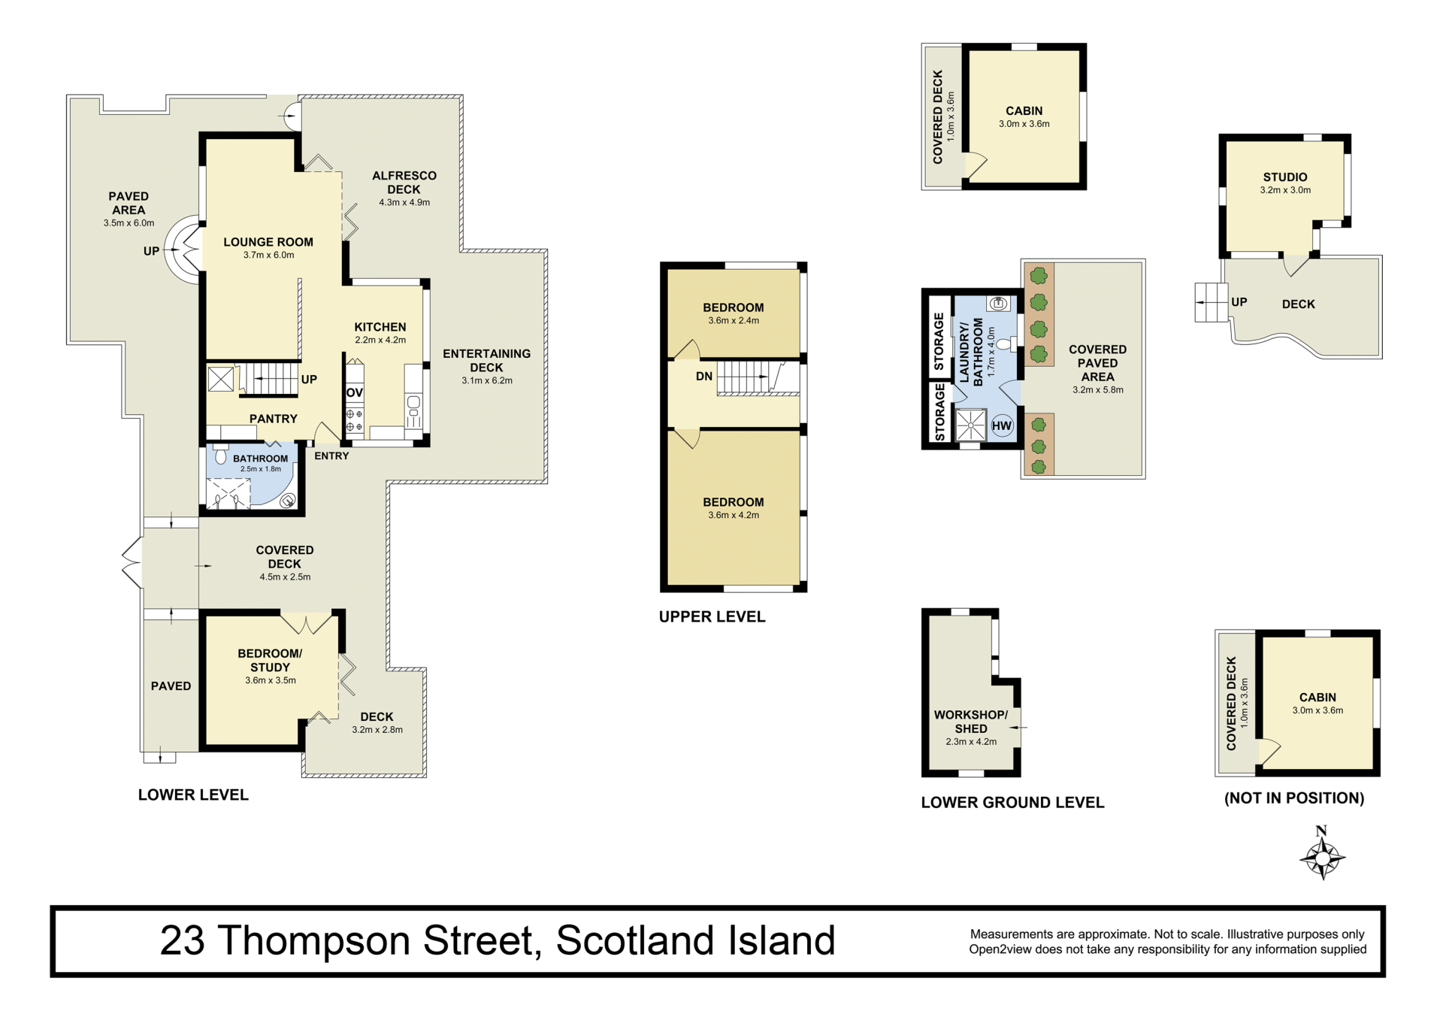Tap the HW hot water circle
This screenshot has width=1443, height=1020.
point(1001,426)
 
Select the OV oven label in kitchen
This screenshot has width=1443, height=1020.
point(355,392)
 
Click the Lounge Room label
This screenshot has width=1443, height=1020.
point(268,242)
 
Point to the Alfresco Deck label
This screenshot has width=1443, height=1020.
point(404,183)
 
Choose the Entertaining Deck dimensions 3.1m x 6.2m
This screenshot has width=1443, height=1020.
point(487,380)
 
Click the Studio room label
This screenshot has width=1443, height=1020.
point(1285,177)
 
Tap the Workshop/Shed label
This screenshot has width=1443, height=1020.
point(971,722)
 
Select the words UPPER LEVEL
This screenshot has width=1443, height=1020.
point(712,617)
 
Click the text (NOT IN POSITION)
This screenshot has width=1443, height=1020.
point(1294,798)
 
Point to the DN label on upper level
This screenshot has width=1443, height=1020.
point(704,376)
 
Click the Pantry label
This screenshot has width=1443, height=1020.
point(274,419)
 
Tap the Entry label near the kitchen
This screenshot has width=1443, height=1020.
point(331,456)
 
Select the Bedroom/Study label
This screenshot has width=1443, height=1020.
point(270,661)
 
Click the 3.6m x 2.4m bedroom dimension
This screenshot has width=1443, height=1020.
point(734,320)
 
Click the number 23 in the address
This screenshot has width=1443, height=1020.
point(182,940)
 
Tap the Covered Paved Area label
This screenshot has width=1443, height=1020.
point(1098,363)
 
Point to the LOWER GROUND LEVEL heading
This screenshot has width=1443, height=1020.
point(1012,803)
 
